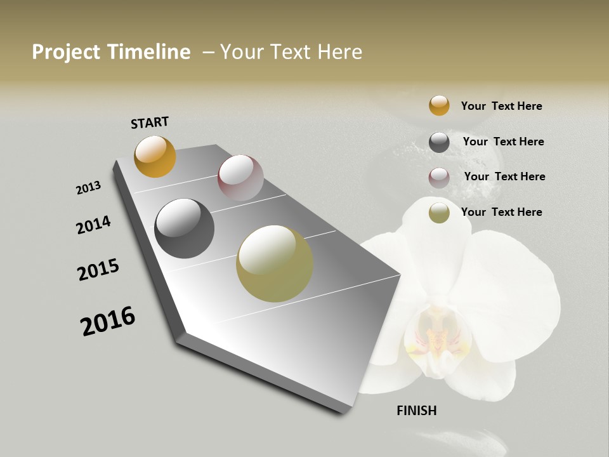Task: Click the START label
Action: point(150,123)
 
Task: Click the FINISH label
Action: point(417,411)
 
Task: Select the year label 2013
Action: point(89,188)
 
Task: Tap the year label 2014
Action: point(93,225)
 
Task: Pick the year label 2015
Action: point(98,270)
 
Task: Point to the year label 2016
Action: point(108,321)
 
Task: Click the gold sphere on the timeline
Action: point(155,156)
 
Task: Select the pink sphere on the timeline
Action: point(240,178)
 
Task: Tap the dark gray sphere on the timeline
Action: point(185,228)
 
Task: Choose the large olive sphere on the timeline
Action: point(275,263)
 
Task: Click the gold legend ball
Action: point(439,105)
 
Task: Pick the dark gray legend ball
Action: point(439,142)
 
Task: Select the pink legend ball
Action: point(439,178)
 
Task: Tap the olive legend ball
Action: point(439,213)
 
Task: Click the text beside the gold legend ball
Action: point(501,106)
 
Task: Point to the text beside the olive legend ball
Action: point(501,212)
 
